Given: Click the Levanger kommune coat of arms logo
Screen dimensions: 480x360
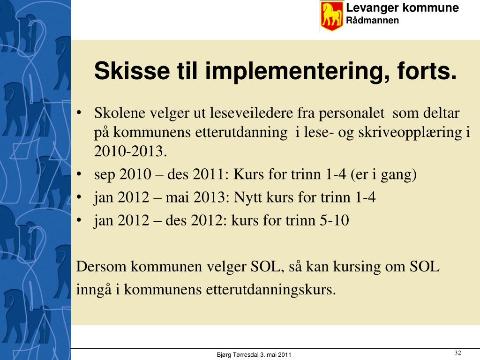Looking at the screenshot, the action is point(332,16).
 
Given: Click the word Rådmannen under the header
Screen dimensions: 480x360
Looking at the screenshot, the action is point(372,21).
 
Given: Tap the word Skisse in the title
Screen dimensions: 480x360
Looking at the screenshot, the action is point(132,71).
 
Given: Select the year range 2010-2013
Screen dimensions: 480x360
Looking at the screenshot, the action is point(130,151).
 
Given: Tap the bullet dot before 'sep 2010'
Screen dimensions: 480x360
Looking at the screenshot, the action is point(79,174).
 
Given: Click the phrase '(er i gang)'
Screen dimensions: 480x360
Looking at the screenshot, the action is point(383,175).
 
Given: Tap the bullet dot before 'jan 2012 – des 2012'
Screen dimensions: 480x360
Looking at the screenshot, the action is point(79,220).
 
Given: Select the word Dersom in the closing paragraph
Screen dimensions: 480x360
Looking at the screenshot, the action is point(101,266).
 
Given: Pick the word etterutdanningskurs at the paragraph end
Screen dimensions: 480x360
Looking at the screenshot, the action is point(270,289).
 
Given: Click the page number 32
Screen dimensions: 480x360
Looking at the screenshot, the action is point(457,353).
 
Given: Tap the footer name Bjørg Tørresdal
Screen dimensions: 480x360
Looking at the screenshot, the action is point(238,355).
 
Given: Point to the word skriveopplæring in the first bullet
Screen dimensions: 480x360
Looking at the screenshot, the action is point(410,133).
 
